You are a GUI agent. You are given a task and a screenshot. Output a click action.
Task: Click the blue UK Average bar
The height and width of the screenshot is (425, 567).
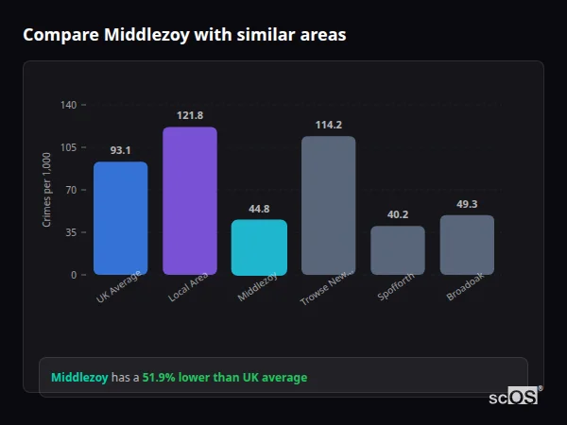coord(120,218)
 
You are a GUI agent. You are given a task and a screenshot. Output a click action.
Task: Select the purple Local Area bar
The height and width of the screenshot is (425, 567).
coord(190,201)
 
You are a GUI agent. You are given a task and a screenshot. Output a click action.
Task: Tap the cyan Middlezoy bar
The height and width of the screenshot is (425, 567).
coord(259,247)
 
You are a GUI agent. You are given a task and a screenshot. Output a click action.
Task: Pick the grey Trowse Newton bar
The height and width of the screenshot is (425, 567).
coord(328,205)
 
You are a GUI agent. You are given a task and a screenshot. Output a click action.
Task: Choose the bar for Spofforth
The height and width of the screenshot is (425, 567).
coord(398,250)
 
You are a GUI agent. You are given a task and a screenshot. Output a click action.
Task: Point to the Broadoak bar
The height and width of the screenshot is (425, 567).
coord(467,245)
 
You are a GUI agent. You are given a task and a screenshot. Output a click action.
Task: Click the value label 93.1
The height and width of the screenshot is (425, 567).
coord(120,150)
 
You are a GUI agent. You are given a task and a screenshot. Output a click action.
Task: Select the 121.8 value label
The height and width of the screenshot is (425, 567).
coord(190,115)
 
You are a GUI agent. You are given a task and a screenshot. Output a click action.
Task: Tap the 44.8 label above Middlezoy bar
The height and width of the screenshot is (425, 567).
coord(259,209)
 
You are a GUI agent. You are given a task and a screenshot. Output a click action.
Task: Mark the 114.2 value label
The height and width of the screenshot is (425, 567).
coord(328,125)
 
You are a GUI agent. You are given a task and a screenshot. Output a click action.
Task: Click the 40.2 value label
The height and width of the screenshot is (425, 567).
coord(398,214)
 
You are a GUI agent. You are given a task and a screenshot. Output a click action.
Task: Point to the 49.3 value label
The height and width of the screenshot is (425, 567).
coord(467,204)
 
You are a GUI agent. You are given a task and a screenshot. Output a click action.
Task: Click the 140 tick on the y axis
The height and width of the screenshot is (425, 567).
coord(68,105)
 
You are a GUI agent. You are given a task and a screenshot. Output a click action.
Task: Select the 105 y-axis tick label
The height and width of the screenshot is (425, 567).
coord(68,147)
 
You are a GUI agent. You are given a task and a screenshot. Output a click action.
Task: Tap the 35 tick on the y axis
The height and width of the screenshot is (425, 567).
coord(70,232)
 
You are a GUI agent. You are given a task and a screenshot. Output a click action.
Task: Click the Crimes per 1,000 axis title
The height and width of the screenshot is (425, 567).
coord(47,190)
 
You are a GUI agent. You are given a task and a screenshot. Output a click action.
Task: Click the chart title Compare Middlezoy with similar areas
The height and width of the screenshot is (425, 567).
coord(184,35)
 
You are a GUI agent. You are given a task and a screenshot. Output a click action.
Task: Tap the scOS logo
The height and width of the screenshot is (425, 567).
coord(514,397)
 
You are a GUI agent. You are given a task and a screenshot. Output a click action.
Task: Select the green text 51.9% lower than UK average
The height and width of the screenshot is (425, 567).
coord(225,378)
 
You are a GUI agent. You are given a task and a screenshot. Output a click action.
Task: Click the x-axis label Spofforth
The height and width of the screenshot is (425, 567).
coord(395,288)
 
